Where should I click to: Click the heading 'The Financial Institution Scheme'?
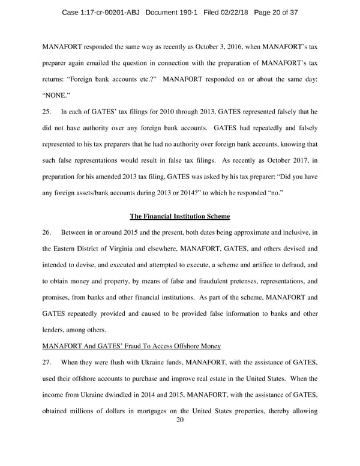[180, 216]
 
